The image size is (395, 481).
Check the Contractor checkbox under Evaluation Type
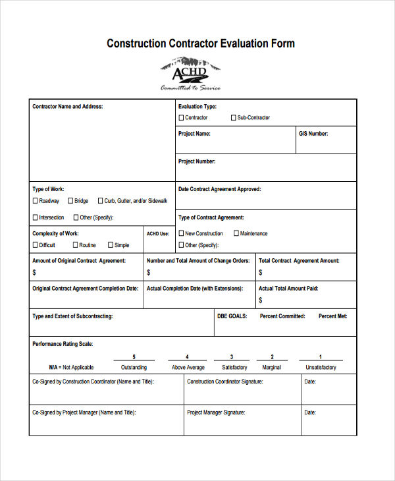pos(182,118)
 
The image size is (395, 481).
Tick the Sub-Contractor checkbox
pos(233,118)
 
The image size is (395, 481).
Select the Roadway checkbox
pos(36,201)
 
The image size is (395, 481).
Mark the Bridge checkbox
pos(70,201)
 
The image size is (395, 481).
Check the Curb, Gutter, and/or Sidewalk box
pos(100,201)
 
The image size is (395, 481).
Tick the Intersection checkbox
pos(36,217)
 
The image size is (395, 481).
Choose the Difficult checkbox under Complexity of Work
pos(36,245)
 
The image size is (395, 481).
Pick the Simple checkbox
pos(111,245)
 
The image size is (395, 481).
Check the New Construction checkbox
pos(182,233)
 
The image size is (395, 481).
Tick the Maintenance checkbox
pos(236,233)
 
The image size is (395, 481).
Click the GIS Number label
pos(313,134)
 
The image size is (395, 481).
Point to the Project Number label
pos(197,161)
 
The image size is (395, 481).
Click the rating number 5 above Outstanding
pos(134,356)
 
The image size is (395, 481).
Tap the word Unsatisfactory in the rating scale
pos(321,368)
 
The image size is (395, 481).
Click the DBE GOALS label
pos(232,316)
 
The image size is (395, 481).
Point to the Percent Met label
pos(332,316)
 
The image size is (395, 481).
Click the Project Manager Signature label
pos(216,412)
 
